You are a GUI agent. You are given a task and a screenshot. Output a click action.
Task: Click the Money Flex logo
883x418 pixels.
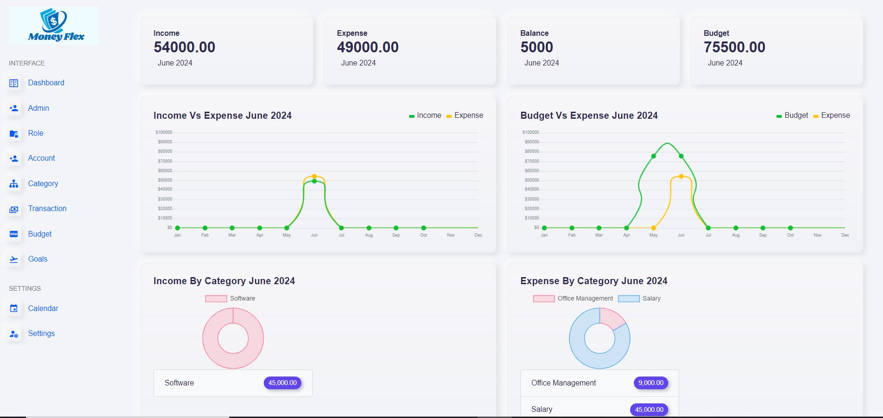pyautogui.click(x=54, y=26)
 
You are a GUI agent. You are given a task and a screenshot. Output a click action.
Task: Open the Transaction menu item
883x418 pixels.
pyautogui.click(x=47, y=209)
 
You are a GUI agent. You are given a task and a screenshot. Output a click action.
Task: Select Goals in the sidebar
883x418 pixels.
pyautogui.click(x=38, y=259)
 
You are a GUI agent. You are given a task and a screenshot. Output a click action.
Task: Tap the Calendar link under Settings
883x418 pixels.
pyautogui.click(x=43, y=309)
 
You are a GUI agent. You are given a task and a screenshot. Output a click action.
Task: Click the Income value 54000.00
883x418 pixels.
pyautogui.click(x=184, y=47)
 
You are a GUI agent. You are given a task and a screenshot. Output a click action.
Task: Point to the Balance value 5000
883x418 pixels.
pyautogui.click(x=536, y=47)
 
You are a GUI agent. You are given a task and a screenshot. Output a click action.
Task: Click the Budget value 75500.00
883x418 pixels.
pyautogui.click(x=734, y=47)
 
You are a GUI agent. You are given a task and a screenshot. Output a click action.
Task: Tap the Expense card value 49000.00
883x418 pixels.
pyautogui.click(x=367, y=47)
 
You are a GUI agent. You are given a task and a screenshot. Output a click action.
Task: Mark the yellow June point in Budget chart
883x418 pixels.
pyautogui.click(x=681, y=176)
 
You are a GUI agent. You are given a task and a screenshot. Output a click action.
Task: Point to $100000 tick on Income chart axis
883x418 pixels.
pyautogui.click(x=164, y=132)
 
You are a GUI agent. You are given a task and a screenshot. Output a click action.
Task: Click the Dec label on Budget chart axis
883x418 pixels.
pyautogui.click(x=845, y=235)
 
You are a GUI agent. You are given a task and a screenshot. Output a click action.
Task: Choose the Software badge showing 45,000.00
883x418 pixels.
pyautogui.click(x=283, y=383)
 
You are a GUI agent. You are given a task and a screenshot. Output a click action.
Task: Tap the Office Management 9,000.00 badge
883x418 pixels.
pyautogui.click(x=651, y=383)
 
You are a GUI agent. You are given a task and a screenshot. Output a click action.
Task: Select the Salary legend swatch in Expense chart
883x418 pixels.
pyautogui.click(x=629, y=299)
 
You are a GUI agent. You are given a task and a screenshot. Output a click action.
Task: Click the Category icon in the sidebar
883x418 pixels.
pyautogui.click(x=14, y=184)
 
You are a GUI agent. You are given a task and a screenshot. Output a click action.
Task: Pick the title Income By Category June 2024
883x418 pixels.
pyautogui.click(x=224, y=281)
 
